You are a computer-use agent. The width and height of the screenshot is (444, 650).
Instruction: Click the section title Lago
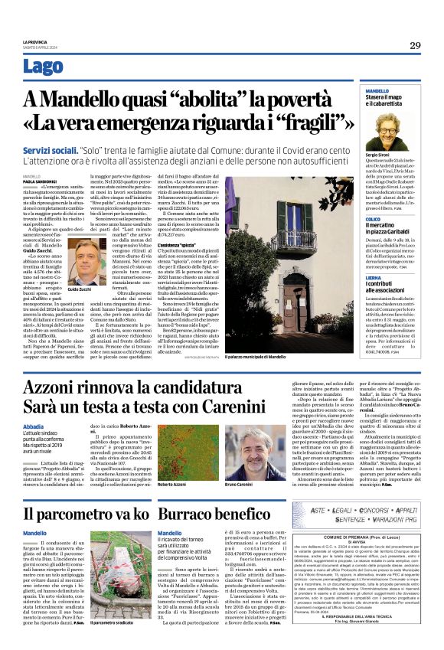(x=44, y=67)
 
